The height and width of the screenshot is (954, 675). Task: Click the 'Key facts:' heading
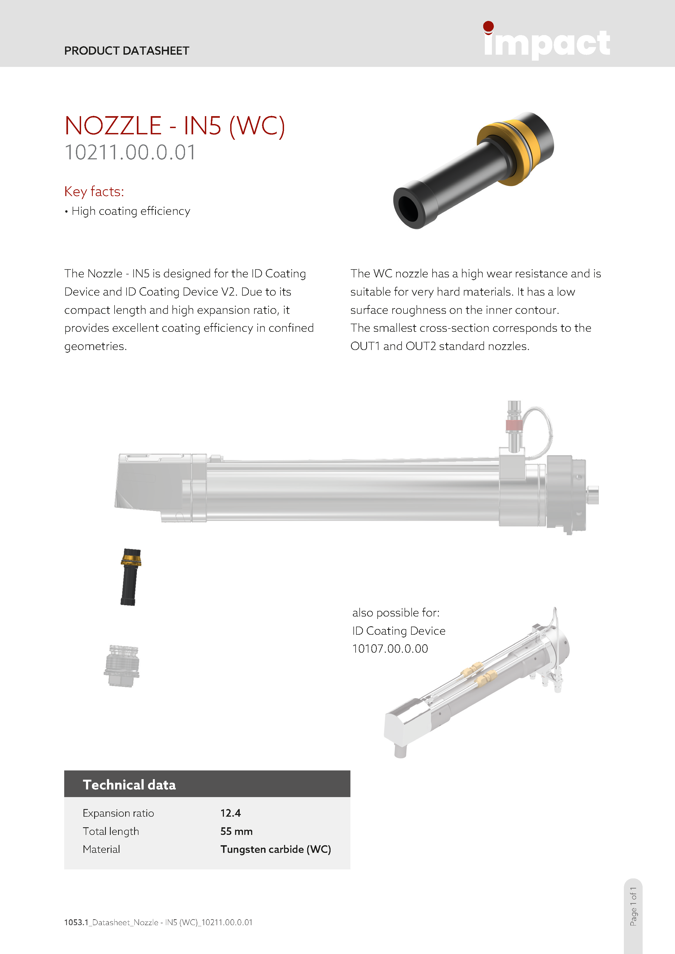(x=94, y=191)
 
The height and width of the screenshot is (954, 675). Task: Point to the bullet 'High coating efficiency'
(x=131, y=211)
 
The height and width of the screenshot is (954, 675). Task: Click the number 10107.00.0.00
(x=390, y=649)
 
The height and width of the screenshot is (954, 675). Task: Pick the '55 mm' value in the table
(x=236, y=831)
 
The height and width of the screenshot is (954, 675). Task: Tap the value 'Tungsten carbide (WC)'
(x=276, y=849)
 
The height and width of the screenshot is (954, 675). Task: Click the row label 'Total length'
(x=110, y=831)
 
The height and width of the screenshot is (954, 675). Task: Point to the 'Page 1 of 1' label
(x=633, y=906)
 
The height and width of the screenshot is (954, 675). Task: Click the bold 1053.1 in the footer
(x=76, y=922)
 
